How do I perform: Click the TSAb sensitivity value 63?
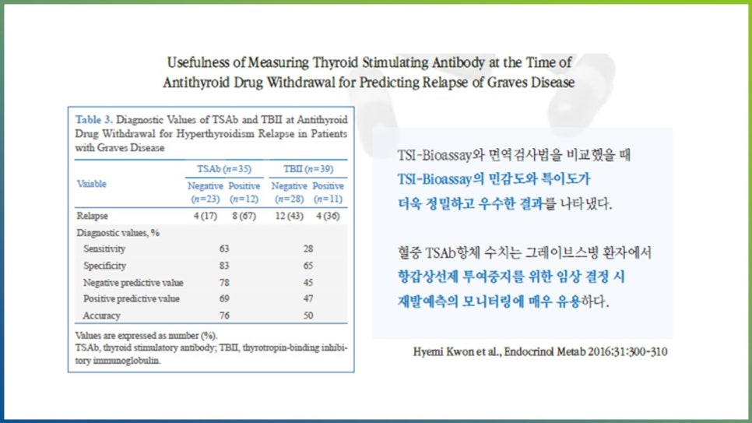[x=224, y=249]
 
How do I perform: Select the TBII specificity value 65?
[x=307, y=266]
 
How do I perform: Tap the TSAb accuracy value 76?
[x=224, y=315]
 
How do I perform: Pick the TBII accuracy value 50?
[x=307, y=315]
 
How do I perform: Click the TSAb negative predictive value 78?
[x=224, y=282]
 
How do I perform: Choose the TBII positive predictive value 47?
[x=307, y=299]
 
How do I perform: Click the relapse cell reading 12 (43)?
[x=289, y=216]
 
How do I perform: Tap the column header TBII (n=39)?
[x=307, y=168]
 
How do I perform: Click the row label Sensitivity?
[x=104, y=249]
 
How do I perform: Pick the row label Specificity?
[x=104, y=266]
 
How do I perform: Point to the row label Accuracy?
[x=101, y=315]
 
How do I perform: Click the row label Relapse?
[x=92, y=216]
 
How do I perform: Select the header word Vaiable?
[x=91, y=184]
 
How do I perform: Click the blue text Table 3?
[x=93, y=120]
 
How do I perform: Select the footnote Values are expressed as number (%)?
[x=131, y=335]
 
